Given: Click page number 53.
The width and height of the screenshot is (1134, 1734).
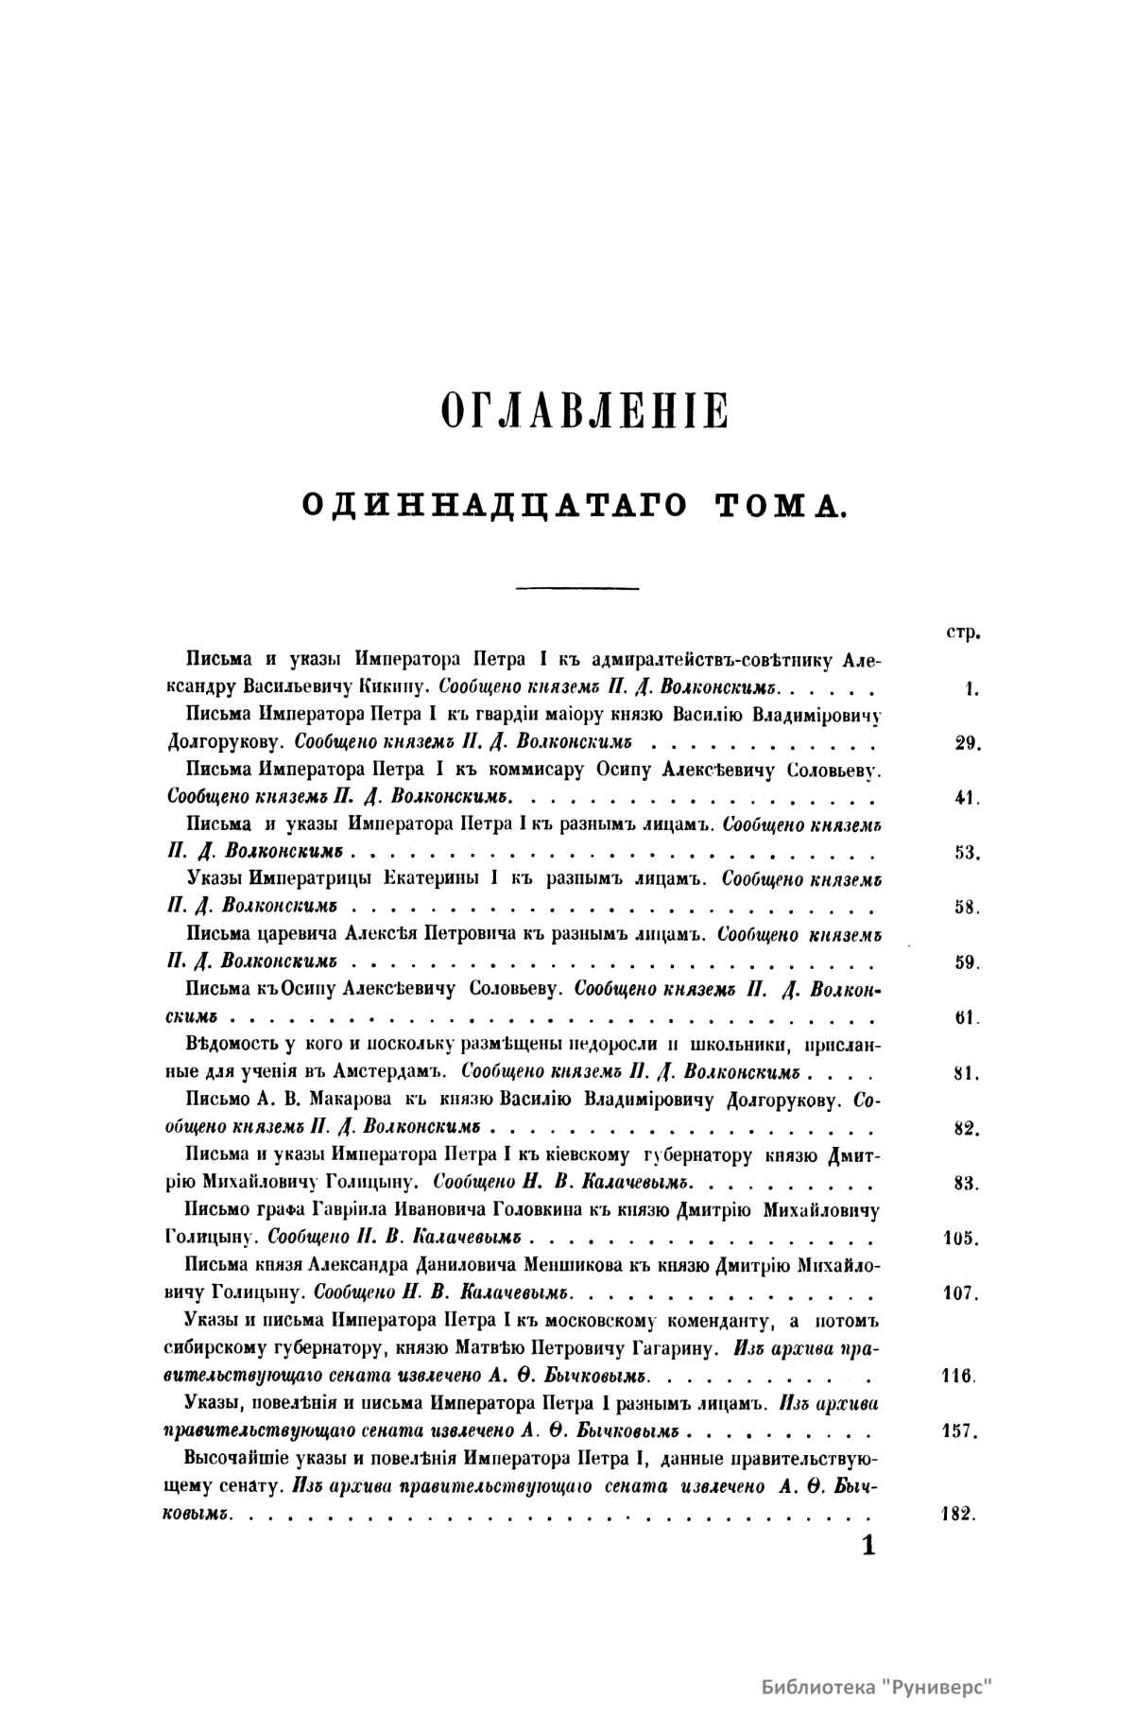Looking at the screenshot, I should tap(968, 852).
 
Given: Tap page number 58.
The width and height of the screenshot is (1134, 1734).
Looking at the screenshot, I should tap(968, 907).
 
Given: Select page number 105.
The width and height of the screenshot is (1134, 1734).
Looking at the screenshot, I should tap(963, 1238).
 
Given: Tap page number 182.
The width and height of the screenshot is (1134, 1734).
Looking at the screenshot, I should tap(958, 1513).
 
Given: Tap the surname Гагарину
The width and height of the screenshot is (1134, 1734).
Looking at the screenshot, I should tap(649, 1347).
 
